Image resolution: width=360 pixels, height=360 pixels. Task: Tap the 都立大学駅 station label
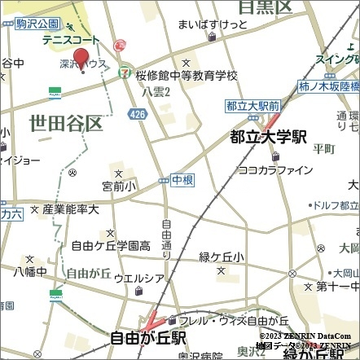point(267,137)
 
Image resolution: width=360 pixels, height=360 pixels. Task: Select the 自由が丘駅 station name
point(149,336)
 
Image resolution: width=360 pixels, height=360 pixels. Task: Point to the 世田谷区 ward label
point(65,124)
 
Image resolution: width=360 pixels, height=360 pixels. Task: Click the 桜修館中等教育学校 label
point(187,75)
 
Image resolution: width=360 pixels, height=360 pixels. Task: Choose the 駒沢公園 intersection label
point(37,24)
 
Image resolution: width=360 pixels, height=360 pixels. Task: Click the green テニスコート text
point(72,40)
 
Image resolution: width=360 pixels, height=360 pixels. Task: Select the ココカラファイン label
point(275,169)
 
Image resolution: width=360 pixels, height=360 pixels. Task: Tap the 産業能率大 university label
point(71,209)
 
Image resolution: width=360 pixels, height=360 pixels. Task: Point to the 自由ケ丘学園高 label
point(111,244)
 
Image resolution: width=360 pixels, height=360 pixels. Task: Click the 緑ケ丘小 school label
point(221,257)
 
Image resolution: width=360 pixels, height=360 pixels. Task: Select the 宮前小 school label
point(119,187)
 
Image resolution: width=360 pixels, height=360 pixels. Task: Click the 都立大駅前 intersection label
point(252,105)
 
